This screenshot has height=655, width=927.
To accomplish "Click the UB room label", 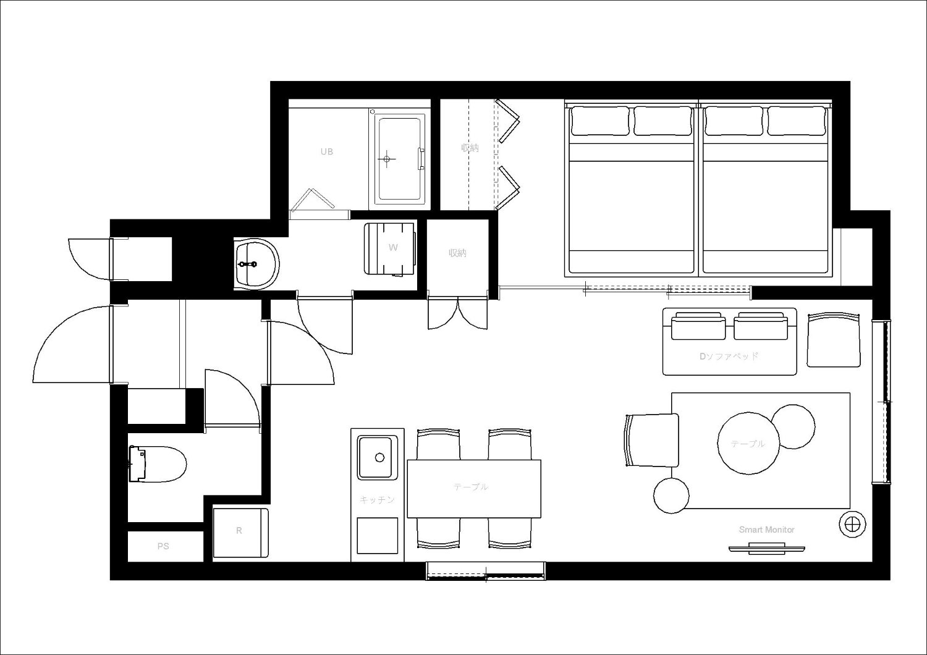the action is click(326, 151).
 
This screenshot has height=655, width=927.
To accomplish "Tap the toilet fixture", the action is click(158, 464).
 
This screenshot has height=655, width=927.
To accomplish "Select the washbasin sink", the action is click(256, 264).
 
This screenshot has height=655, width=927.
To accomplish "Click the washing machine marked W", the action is click(390, 248).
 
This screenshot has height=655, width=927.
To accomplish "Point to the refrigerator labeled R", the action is click(240, 533).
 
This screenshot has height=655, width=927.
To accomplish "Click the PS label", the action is click(163, 546).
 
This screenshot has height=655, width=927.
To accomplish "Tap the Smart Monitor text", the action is click(766, 530).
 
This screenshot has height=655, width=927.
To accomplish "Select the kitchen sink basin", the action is click(375, 457).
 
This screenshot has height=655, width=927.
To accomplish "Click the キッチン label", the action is click(377, 500).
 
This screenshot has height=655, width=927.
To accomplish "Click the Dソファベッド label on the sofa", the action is click(729, 357).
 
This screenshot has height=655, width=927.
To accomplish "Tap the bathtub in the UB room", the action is click(400, 159).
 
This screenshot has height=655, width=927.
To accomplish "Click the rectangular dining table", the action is click(474, 489).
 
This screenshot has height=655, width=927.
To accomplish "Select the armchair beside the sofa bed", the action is click(834, 340).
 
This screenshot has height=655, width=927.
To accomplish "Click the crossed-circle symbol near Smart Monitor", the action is click(852, 524).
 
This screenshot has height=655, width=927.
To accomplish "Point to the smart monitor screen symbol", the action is click(766, 550).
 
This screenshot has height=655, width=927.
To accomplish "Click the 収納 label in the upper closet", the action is click(470, 148).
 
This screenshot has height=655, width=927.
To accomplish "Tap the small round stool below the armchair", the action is click(671, 496).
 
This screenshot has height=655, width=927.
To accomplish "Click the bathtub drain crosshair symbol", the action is click(386, 159).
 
